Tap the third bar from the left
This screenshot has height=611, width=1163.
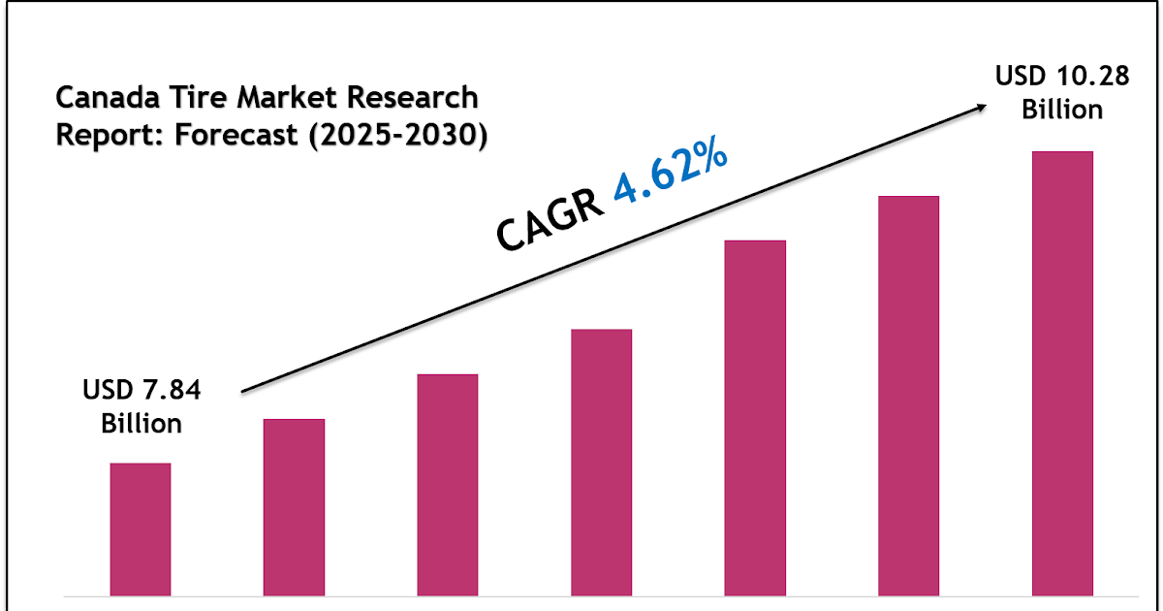click(448, 484)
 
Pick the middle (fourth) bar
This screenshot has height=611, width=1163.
click(601, 462)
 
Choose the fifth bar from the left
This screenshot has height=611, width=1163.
click(755, 417)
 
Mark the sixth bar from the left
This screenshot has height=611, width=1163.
click(908, 395)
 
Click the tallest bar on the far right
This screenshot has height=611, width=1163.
click(1062, 372)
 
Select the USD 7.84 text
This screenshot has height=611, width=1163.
click(141, 391)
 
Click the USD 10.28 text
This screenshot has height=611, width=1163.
click(1062, 76)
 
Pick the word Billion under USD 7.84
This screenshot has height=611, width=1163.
click(141, 424)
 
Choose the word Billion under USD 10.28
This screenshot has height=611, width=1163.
click(1062, 110)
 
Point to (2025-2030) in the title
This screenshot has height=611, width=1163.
click(397, 136)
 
